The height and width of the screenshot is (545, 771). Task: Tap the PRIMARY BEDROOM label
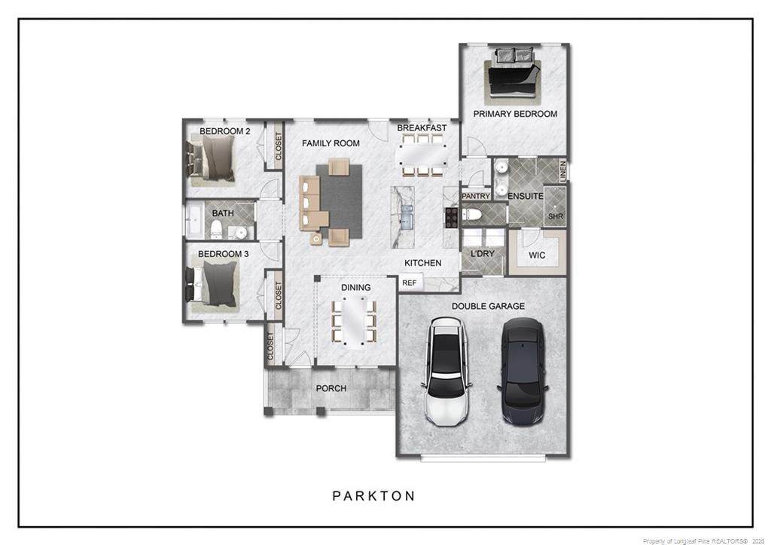click(515, 114)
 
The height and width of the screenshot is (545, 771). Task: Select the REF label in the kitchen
click(409, 283)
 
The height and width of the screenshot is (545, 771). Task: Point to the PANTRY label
click(476, 196)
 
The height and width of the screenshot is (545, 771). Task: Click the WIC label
click(537, 256)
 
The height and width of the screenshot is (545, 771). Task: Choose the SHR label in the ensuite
click(556, 216)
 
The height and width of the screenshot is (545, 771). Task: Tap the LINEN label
click(563, 170)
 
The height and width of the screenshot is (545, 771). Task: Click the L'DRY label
click(483, 253)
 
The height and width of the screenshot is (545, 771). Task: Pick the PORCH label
click(331, 388)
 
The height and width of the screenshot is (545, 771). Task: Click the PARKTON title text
click(373, 496)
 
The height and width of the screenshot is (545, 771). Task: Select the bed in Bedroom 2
click(211, 160)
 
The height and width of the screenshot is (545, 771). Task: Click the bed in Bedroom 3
click(212, 286)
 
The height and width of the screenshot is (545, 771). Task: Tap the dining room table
click(355, 321)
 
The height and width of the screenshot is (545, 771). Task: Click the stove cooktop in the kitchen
click(452, 218)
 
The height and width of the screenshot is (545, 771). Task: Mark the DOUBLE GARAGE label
click(488, 306)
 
